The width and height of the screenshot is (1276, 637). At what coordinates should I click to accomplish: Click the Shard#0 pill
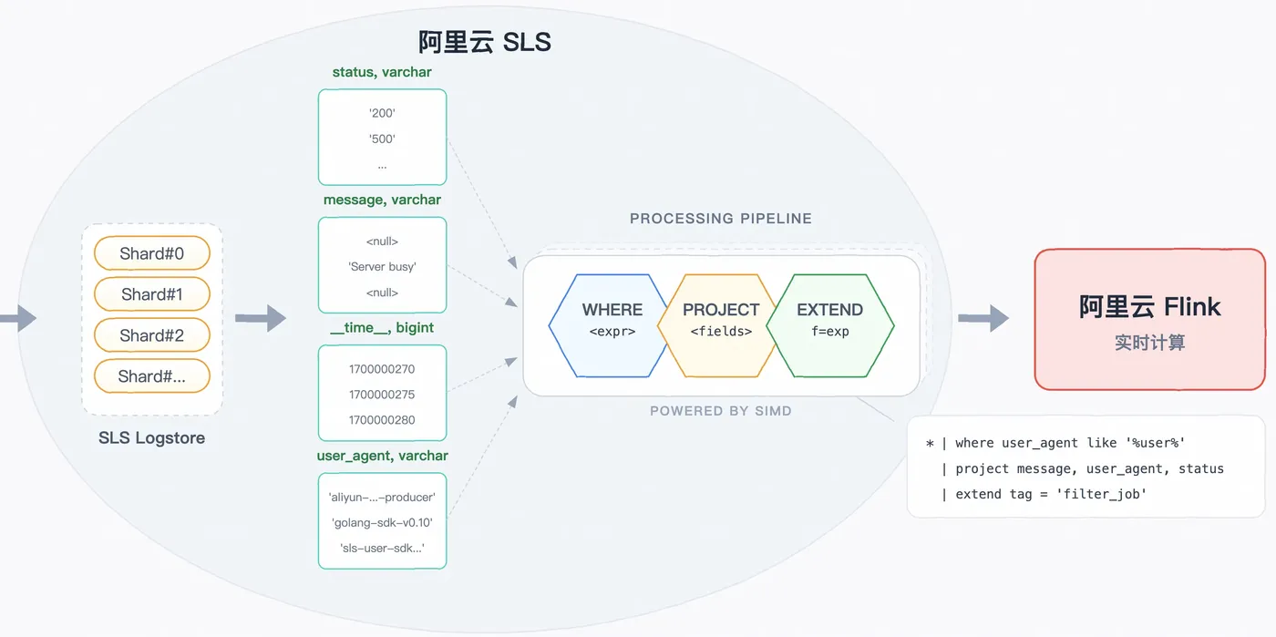152,253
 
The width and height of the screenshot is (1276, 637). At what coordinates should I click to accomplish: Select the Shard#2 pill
152,335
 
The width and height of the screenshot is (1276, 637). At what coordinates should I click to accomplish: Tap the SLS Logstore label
151,437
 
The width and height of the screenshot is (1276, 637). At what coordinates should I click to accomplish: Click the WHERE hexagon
610,325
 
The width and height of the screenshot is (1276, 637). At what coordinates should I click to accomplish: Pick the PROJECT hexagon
720,325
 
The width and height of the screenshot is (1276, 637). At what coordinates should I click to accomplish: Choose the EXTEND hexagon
830,325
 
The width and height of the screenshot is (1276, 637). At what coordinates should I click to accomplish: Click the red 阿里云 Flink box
1150,319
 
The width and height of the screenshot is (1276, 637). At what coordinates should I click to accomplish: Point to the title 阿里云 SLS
485,42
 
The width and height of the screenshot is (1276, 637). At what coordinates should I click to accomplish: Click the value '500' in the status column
382,139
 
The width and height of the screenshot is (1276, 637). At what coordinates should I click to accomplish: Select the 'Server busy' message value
382,267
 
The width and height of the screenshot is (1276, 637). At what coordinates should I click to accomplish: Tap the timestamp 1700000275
382,395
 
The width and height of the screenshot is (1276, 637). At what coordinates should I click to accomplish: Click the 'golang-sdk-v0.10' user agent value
382,522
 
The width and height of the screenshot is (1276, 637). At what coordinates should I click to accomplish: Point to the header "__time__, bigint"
382,328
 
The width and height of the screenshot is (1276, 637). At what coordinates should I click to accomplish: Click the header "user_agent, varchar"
382,456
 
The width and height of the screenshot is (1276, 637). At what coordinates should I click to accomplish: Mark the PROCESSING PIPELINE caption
721,218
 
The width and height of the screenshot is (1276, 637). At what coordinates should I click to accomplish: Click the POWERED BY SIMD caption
721,411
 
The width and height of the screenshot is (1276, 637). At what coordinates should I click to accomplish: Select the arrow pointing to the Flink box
983,318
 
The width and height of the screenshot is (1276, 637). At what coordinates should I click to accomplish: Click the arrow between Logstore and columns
261,318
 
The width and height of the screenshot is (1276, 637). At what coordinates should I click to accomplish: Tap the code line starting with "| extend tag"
1044,494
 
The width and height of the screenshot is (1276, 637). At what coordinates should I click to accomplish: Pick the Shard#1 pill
152,294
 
